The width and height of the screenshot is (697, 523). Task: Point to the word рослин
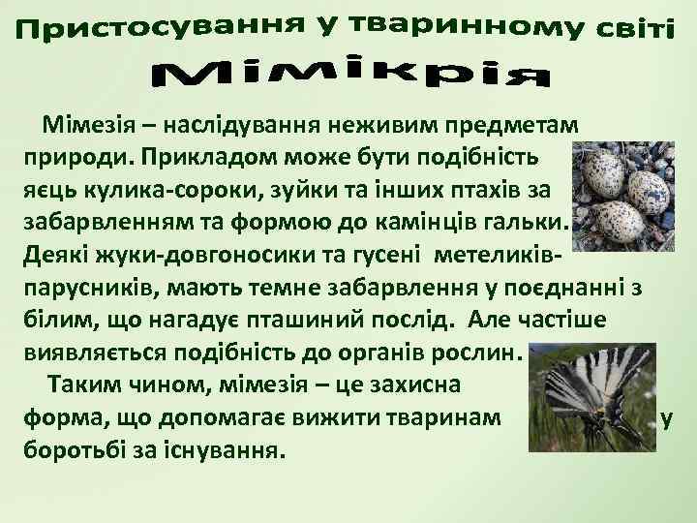(472, 351)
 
